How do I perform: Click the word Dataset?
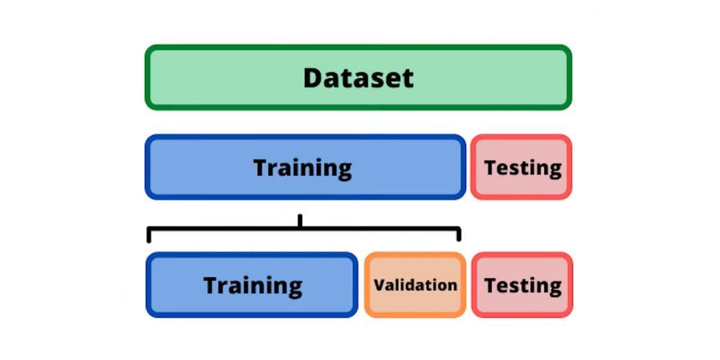point(358,78)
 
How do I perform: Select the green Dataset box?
point(358,77)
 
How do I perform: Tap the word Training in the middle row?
point(302,169)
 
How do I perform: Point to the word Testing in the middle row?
point(523,169)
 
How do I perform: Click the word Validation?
point(415,285)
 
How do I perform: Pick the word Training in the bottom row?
point(253,286)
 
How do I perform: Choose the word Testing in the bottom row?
point(523,286)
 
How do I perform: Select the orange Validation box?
point(415,285)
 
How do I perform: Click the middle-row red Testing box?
point(521,167)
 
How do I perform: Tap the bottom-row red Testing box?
point(522,285)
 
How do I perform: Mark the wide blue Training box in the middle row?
point(305,167)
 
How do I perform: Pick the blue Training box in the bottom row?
point(251,285)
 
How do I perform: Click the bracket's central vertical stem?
point(300,221)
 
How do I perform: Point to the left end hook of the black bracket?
point(149,235)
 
